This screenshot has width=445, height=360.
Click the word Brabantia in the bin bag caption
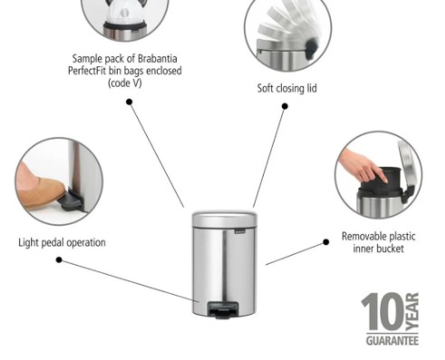pos(157,58)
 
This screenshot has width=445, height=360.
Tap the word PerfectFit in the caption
pos(87,71)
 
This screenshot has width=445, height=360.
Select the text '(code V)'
pos(125,83)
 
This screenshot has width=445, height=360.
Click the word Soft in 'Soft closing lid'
pos(265,88)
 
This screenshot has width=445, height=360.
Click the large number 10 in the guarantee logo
pos(382,312)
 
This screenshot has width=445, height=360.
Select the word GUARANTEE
pos(392,341)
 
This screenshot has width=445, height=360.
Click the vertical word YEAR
pos(412,312)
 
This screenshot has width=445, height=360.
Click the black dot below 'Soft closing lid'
pos(285,106)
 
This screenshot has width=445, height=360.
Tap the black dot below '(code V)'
pos(130,102)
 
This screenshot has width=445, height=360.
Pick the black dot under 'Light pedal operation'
pos(59,260)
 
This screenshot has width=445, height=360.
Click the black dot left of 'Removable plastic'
pos(325,242)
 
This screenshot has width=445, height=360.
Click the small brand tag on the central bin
pos(240,232)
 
